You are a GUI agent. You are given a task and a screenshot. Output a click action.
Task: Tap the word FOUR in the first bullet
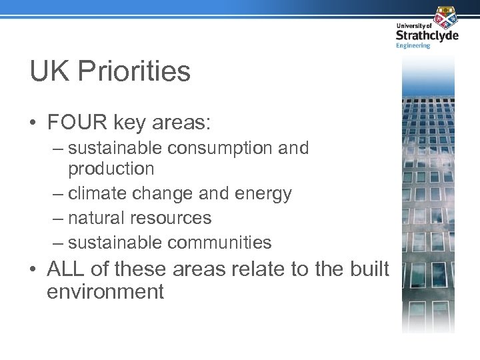tap(74, 123)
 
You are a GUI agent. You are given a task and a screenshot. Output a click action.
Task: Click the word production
tap(111, 169)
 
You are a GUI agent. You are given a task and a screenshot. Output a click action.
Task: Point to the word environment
tap(105, 291)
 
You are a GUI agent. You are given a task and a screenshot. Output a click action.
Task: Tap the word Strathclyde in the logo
tap(427, 35)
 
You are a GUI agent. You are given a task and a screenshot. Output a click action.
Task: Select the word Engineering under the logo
tap(413, 45)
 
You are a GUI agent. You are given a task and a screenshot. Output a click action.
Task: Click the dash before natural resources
tap(58, 219)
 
